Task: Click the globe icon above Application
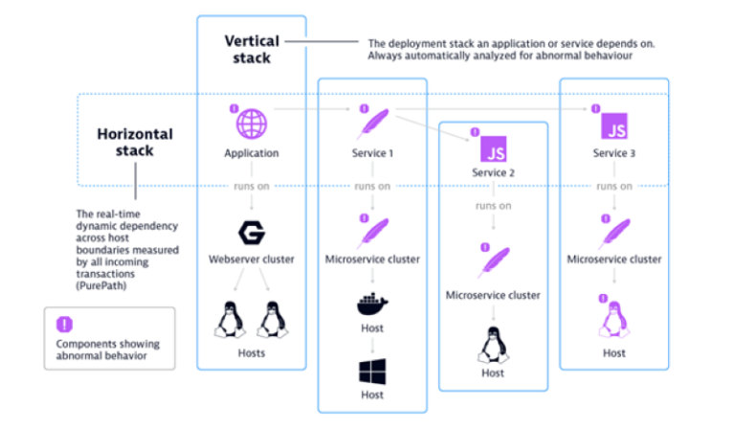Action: click(x=251, y=124)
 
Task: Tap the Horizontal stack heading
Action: click(x=134, y=142)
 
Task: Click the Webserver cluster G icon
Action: click(x=251, y=233)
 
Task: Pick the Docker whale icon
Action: click(x=372, y=305)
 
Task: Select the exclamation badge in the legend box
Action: click(x=66, y=324)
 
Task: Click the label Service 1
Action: click(x=372, y=153)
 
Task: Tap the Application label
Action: click(x=251, y=153)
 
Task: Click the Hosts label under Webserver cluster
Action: click(x=251, y=353)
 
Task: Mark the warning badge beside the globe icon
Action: click(x=233, y=108)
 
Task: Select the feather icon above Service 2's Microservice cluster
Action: click(x=495, y=261)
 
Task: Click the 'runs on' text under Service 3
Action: click(x=613, y=187)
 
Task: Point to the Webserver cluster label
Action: click(x=251, y=260)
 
